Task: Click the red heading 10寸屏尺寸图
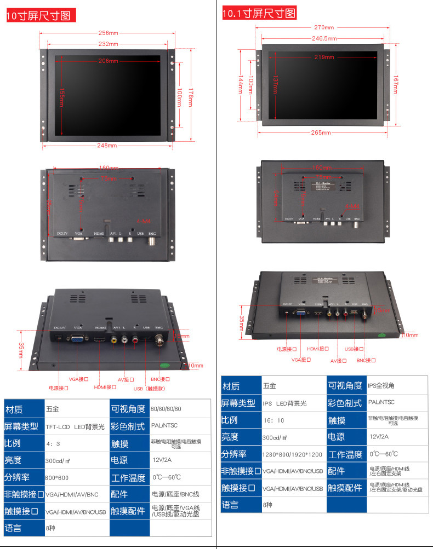point(38,16)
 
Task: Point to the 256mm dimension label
point(109,33)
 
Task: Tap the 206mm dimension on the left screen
point(109,61)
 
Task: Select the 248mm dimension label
point(107,146)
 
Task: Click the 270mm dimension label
point(324,27)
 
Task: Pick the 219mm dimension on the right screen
point(324,57)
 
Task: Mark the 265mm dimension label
point(321,132)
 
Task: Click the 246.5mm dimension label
point(324,38)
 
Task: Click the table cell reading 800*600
point(57,478)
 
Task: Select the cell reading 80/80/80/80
point(166,409)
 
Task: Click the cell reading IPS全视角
point(381,385)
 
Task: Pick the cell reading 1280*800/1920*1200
point(292,454)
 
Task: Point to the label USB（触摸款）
point(149,389)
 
